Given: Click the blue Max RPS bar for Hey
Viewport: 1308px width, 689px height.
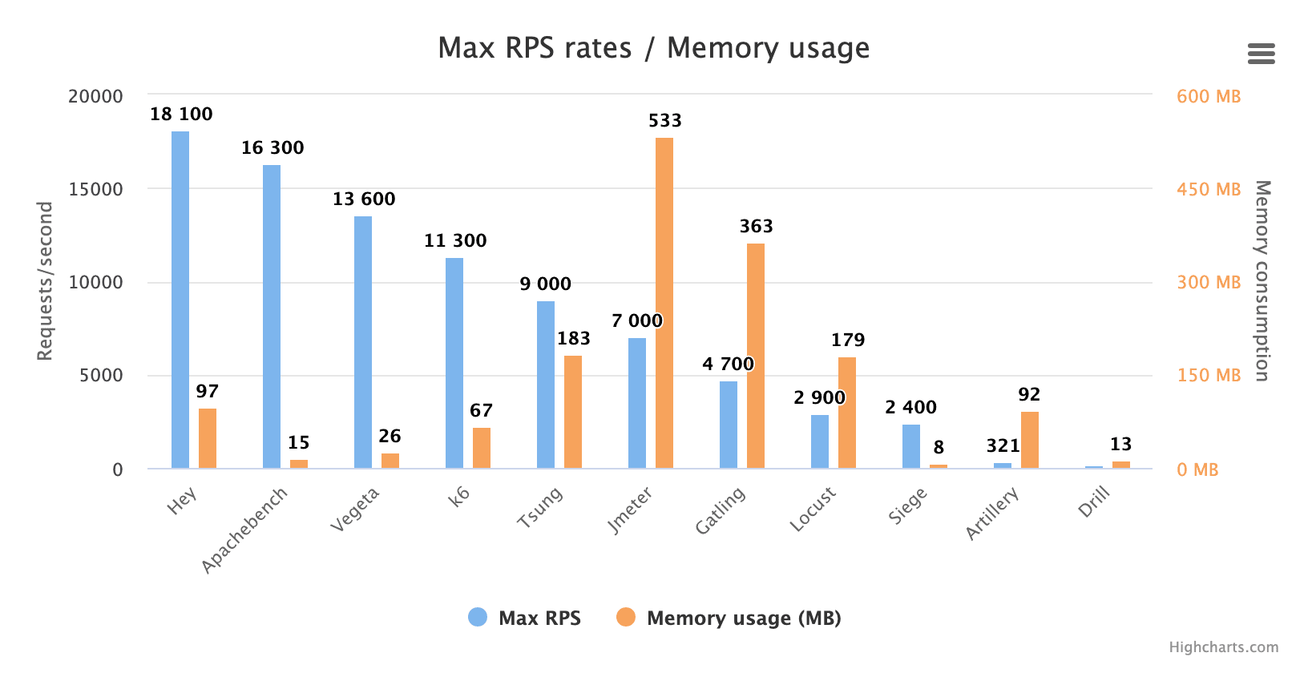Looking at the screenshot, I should pyautogui.click(x=180, y=300).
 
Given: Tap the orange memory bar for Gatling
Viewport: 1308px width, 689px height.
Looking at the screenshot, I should pyautogui.click(x=756, y=356).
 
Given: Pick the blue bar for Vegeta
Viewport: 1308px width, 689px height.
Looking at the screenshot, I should pyautogui.click(x=363, y=342).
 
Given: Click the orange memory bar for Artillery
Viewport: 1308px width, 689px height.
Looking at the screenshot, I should pyautogui.click(x=1030, y=440).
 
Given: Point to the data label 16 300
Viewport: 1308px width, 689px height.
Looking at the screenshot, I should pyautogui.click(x=272, y=148).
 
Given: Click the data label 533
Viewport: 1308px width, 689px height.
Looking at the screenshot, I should pyautogui.click(x=664, y=121).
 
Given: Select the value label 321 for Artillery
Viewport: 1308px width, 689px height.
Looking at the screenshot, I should pyautogui.click(x=1003, y=446).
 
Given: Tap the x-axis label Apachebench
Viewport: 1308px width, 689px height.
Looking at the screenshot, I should pyautogui.click(x=244, y=530).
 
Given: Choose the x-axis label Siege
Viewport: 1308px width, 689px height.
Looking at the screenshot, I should pyautogui.click(x=908, y=506).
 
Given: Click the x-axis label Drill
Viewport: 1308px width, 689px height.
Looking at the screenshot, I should pyautogui.click(x=1094, y=502).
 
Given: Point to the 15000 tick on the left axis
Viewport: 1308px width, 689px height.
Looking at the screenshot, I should pyautogui.click(x=95, y=189).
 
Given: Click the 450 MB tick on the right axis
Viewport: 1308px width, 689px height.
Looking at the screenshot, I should pyautogui.click(x=1208, y=190).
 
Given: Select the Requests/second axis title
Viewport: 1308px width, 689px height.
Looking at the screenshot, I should pyautogui.click(x=45, y=281).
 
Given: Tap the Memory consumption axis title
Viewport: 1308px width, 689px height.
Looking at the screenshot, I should pyautogui.click(x=1262, y=281).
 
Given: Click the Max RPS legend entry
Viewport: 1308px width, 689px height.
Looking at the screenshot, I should pyautogui.click(x=525, y=618).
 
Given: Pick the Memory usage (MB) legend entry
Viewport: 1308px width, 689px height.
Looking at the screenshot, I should pyautogui.click(x=729, y=618).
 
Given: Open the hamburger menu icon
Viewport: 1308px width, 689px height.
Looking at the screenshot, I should pyautogui.click(x=1261, y=54).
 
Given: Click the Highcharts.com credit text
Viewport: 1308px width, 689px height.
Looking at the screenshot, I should pyautogui.click(x=1223, y=647).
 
